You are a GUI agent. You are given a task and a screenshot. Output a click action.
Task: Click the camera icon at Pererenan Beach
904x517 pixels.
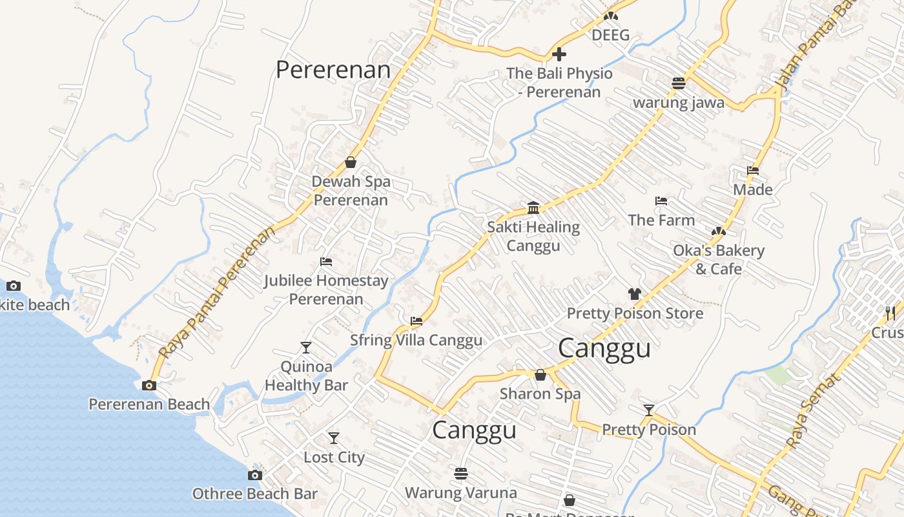pos(149,386)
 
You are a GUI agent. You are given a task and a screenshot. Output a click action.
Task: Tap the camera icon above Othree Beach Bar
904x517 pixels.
pos(255,476)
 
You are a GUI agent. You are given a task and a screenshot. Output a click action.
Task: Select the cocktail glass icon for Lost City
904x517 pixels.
pos(334,438)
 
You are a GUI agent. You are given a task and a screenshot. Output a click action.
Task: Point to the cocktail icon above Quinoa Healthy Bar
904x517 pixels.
pos(306,348)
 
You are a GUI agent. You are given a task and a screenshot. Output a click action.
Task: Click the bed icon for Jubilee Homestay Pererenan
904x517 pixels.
pos(326,262)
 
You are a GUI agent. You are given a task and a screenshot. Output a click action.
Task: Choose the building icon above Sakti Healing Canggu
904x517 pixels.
pos(533,207)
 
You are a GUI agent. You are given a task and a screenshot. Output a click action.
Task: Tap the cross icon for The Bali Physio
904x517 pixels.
pos(559,54)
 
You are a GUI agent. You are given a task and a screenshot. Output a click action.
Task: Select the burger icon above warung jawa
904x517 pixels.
pos(678,83)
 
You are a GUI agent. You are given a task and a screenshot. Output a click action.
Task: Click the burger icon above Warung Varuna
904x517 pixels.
pos(460,474)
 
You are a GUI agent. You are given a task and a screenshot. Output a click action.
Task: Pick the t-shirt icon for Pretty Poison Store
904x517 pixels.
pos(635,294)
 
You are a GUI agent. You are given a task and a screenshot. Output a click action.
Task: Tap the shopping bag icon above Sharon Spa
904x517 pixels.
pos(540,375)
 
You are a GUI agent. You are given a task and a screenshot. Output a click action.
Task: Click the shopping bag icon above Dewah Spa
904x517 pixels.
pos(351,162)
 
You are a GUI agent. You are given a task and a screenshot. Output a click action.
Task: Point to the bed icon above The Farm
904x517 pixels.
pos(661,201)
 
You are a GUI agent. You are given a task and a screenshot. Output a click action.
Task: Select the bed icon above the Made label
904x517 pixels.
pos(753,171)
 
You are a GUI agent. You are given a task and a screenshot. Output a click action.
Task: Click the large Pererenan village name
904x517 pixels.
pos(333,70)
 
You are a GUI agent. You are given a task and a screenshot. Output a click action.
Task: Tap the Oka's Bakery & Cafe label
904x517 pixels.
pos(719,259)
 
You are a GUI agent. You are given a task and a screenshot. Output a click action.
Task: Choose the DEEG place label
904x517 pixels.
pos(610,35)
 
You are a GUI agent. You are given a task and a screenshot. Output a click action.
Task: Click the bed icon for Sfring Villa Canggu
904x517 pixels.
pos(416,321)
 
